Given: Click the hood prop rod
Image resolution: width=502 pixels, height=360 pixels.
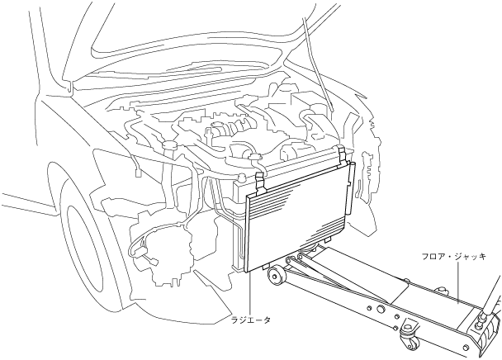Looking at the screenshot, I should pos(318,66).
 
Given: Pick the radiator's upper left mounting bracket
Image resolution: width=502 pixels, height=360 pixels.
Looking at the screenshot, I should pos(258,174).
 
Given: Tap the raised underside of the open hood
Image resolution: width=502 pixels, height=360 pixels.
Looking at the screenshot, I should pos(206,33).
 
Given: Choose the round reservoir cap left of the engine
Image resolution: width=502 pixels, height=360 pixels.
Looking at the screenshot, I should pos(171,145).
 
